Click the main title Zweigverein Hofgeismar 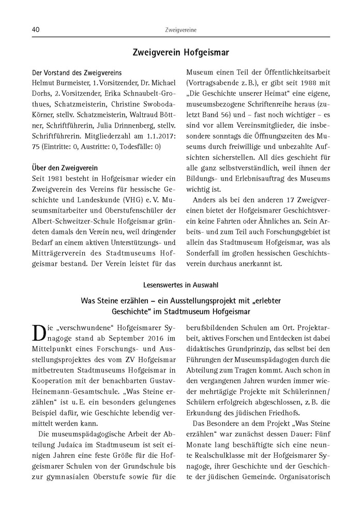(x=180, y=52)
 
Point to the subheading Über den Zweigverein (x=61, y=168)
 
